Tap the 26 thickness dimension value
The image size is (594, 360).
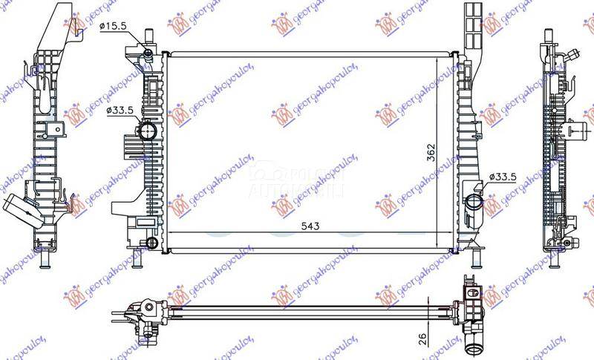tap(422, 318)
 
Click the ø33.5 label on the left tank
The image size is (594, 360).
tap(120, 111)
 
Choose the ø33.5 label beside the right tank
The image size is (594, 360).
tap(503, 176)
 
